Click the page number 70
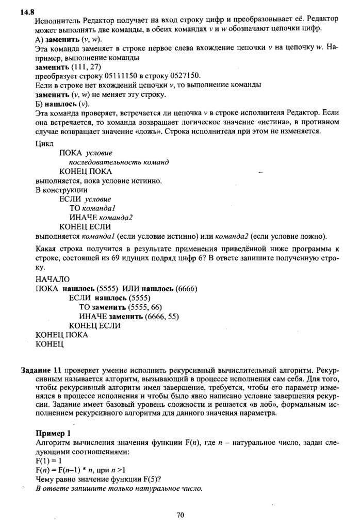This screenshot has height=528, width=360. (x=180, y=515)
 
